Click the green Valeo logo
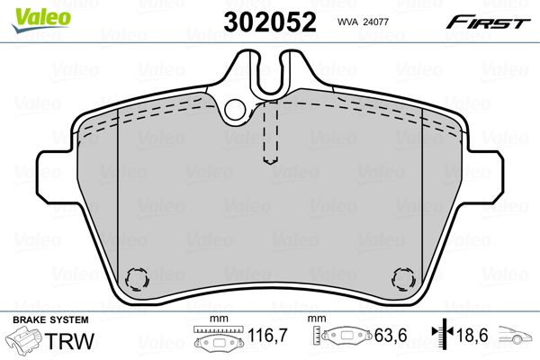[41, 20]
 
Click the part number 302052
[270, 22]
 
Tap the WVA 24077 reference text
[363, 22]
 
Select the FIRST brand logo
[488, 22]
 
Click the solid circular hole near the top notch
[235, 109]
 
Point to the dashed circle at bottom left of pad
[137, 279]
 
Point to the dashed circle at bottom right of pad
[403, 279]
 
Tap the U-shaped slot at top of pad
[270, 75]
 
